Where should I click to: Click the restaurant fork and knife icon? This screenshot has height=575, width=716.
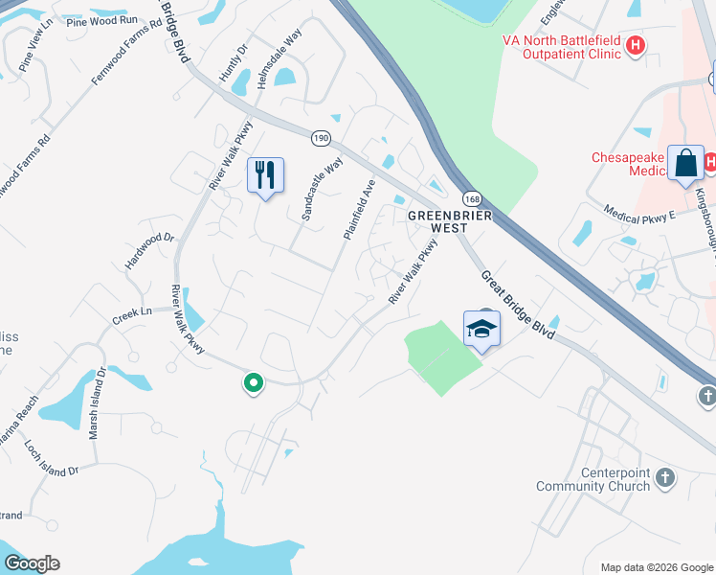tap(265, 175)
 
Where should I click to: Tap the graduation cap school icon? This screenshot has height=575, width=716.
tap(481, 329)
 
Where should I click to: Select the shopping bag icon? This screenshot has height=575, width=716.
tap(686, 164)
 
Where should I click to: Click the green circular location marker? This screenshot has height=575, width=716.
tap(254, 383)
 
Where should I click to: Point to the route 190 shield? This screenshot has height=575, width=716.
tap(320, 138)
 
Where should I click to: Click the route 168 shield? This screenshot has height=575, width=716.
tap(471, 198)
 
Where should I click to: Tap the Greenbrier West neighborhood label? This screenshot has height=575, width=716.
tap(450, 222)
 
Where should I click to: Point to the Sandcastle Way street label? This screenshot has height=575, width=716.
tap(322, 190)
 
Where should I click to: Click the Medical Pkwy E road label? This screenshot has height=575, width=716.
tap(639, 213)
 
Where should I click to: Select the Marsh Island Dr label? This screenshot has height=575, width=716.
tap(97, 403)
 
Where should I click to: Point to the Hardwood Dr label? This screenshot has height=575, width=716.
tap(149, 251)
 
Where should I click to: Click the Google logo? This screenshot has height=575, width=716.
tap(32, 563)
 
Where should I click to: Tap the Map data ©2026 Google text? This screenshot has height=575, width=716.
tap(656, 567)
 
